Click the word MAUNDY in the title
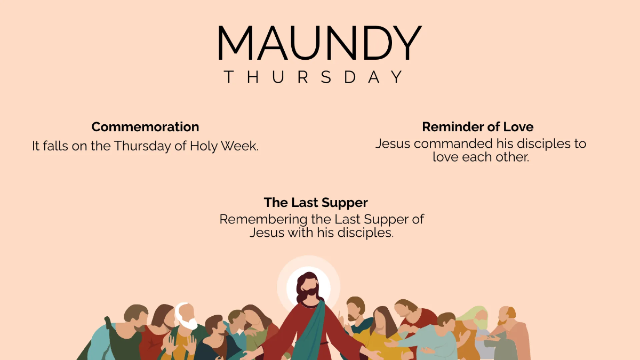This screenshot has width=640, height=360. click(319, 43)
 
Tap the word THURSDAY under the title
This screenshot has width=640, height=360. click(314, 77)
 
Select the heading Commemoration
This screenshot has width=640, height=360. click(145, 127)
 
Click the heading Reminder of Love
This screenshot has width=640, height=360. click(477, 127)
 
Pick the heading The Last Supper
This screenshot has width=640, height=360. click(316, 203)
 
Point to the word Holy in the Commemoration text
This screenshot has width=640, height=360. click(203, 146)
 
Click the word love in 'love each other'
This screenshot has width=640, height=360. click(445, 157)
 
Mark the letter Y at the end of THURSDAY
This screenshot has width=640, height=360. click(397, 77)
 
